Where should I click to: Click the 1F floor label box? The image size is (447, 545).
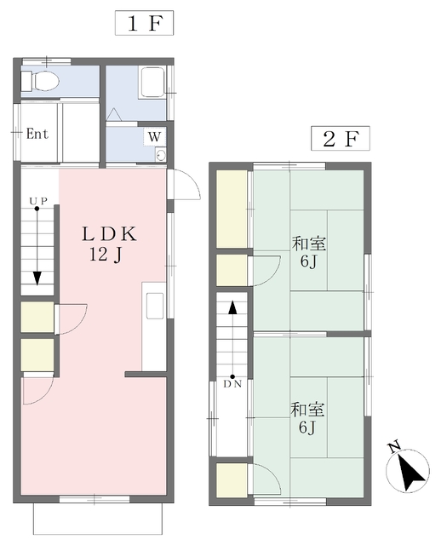tap(144, 23)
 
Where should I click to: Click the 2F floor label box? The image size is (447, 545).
tap(341, 138)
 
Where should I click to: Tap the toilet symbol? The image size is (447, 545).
tap(40, 81)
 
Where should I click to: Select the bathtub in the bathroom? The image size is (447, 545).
tap(152, 82)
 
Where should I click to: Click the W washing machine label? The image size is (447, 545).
tap(154, 136)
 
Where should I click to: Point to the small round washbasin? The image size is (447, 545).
tap(161, 155)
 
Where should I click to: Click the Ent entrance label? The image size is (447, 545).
tap(37, 134)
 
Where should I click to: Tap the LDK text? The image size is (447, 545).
tap(109, 234)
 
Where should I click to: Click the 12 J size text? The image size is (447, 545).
tap(106, 255)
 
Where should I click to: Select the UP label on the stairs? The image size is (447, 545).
tap(38, 201)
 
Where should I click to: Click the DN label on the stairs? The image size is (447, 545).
tap(232, 384)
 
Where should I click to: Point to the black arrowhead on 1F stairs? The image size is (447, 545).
tap(37, 278)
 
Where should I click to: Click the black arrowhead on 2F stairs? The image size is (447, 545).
tap(232, 307)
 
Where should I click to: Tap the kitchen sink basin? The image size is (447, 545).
tap(155, 306)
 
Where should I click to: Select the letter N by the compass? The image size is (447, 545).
tap(394, 448)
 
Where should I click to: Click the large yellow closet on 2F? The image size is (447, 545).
tap(232, 209)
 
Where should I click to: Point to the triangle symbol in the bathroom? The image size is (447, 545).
tap(113, 115)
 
